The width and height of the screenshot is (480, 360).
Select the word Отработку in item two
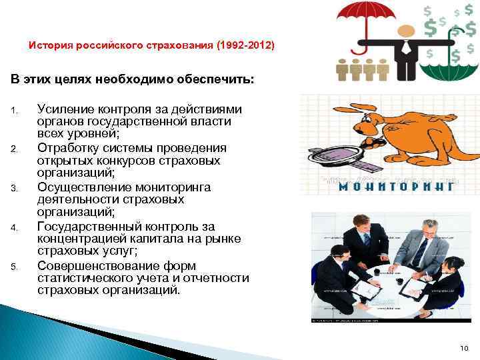coord(67,148)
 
